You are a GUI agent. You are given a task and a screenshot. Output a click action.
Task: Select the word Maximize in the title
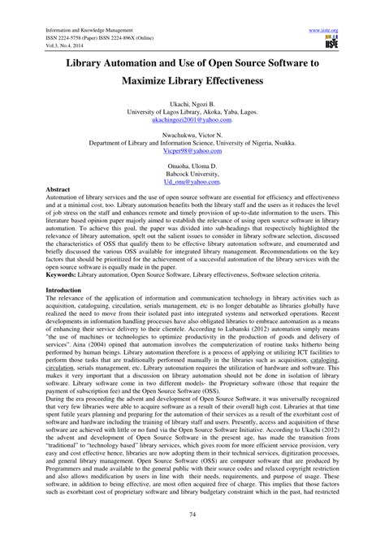pos(151,81)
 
